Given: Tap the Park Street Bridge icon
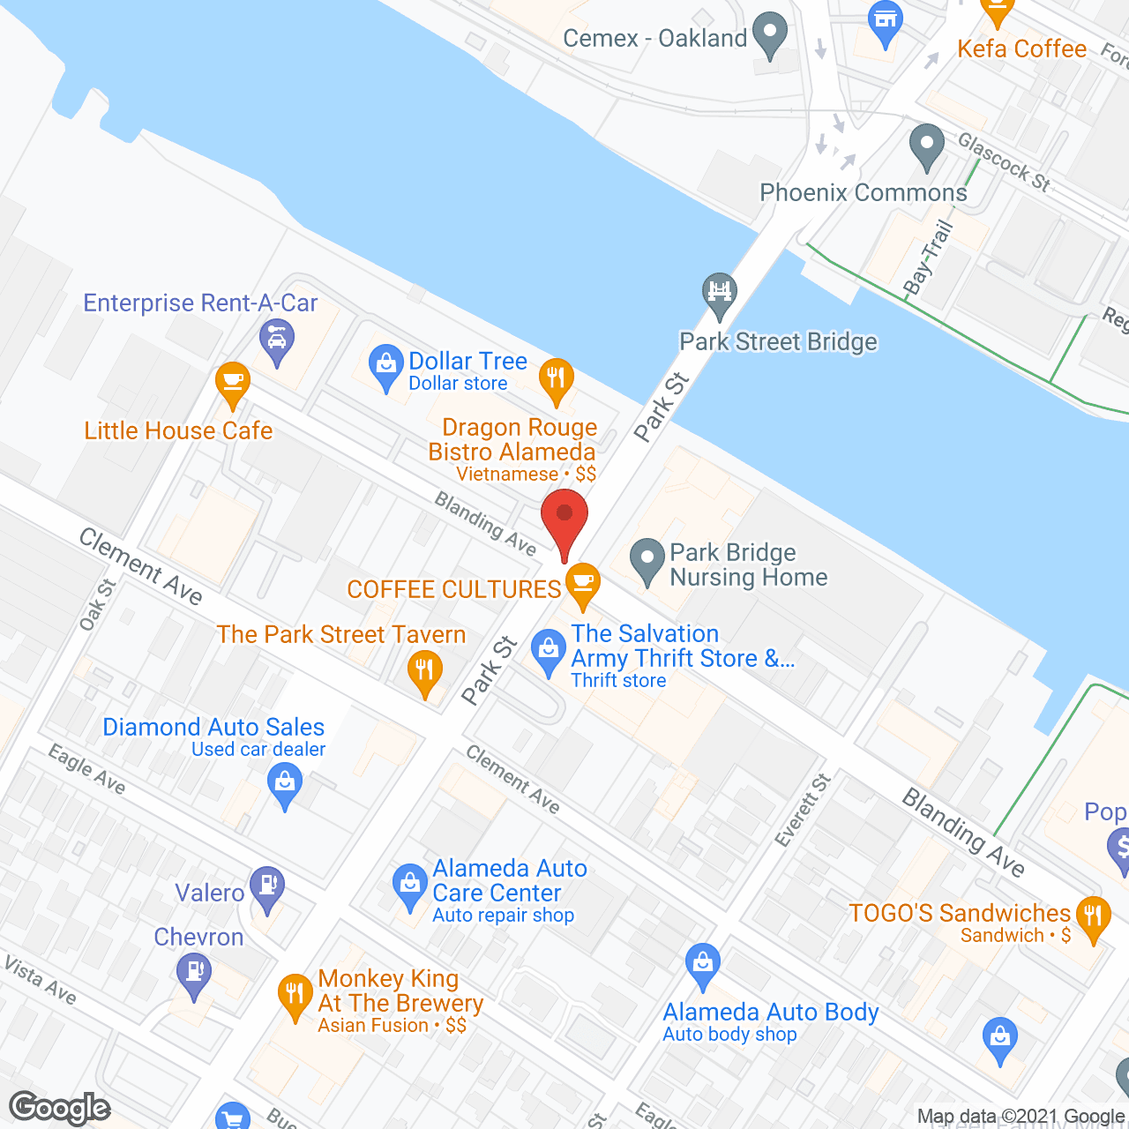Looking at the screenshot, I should click(720, 292).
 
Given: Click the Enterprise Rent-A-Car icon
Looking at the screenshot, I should click(277, 340).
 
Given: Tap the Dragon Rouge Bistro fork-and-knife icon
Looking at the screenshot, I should click(556, 380).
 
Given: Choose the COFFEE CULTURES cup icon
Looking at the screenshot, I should click(582, 584).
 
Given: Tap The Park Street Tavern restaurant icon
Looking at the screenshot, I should click(425, 671).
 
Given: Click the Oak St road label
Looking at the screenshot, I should click(97, 605).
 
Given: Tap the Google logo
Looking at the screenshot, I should click(60, 1108).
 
